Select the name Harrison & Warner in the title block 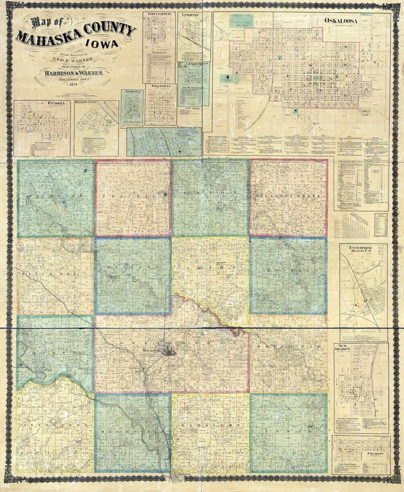coord(73,73)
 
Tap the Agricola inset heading coord(132,93)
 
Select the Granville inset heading coord(160,87)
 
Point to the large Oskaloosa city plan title coord(340,21)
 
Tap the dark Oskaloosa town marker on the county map coord(169,350)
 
